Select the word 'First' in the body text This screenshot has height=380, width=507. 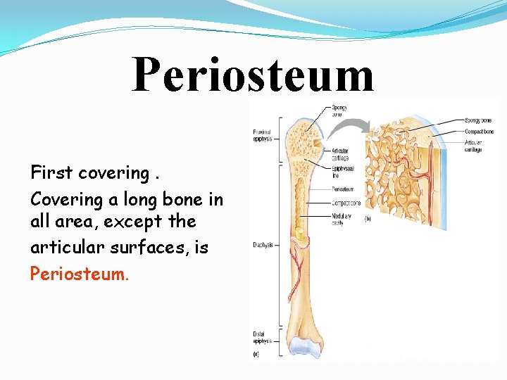pos(50,172)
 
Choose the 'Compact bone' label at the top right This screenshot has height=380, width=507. pos(478,132)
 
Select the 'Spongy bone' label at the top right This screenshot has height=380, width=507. pos(478,120)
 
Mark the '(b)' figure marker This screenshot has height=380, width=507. pos(368,219)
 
